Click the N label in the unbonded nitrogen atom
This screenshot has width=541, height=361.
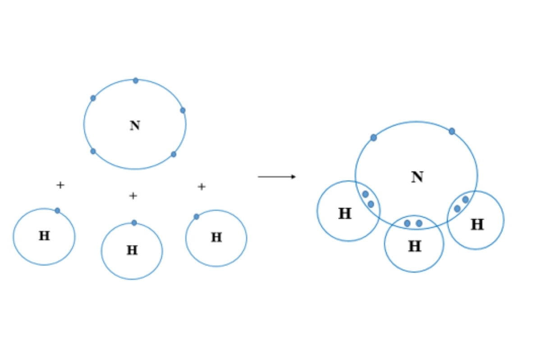click(x=135, y=125)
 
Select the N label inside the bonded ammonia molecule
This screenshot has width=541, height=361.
click(x=417, y=177)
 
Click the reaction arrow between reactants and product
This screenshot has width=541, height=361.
click(x=277, y=176)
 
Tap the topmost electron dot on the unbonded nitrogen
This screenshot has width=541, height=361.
click(x=136, y=81)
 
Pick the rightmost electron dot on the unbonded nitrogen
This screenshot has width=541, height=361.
click(x=183, y=110)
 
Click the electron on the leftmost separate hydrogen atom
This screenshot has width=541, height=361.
click(x=57, y=210)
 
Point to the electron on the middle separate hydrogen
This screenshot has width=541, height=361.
click(x=134, y=222)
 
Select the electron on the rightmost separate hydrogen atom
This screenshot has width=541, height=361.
click(x=197, y=217)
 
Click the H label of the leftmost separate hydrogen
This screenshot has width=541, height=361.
click(x=44, y=236)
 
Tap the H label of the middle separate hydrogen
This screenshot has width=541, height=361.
click(x=132, y=250)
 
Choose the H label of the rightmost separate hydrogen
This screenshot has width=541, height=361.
click(x=216, y=237)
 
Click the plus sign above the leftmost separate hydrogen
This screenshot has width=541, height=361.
click(x=60, y=185)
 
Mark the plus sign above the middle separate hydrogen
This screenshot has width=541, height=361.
click(x=133, y=196)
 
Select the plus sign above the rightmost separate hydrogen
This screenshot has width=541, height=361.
click(x=202, y=186)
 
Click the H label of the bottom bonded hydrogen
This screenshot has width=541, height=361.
click(x=414, y=246)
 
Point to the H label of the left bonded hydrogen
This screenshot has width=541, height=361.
click(x=345, y=213)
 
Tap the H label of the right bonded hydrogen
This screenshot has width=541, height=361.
click(x=477, y=224)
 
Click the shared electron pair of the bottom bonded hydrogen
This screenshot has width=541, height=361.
click(x=413, y=223)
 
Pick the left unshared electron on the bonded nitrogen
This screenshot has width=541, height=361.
click(x=373, y=138)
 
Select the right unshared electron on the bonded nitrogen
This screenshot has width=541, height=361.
click(x=452, y=131)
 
